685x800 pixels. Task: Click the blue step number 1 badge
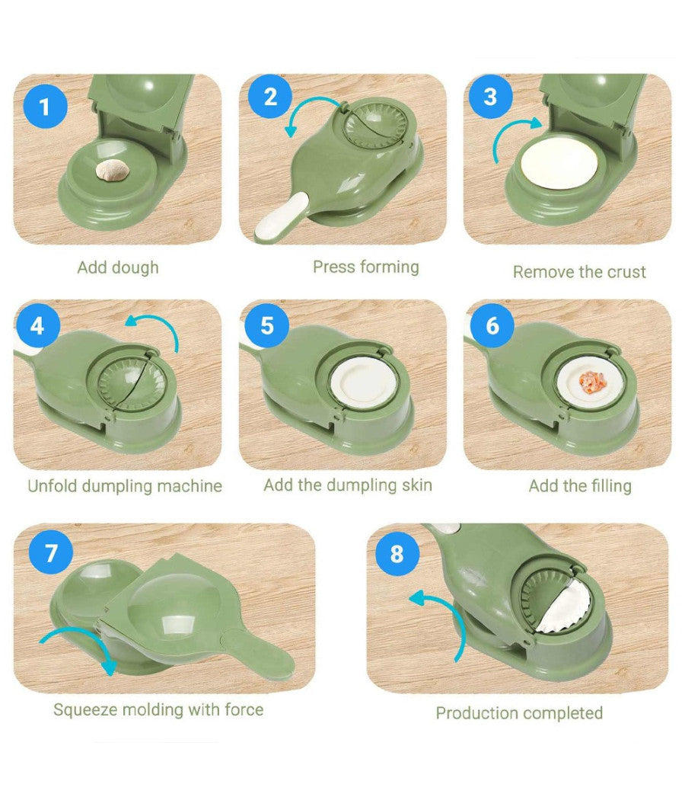coord(45,107)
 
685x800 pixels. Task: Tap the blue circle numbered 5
coord(266,326)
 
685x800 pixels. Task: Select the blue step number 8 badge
coord(397,554)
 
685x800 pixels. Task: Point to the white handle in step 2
coord(282,216)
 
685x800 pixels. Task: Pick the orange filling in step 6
coord(591,380)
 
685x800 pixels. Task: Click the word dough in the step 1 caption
coord(135,267)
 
